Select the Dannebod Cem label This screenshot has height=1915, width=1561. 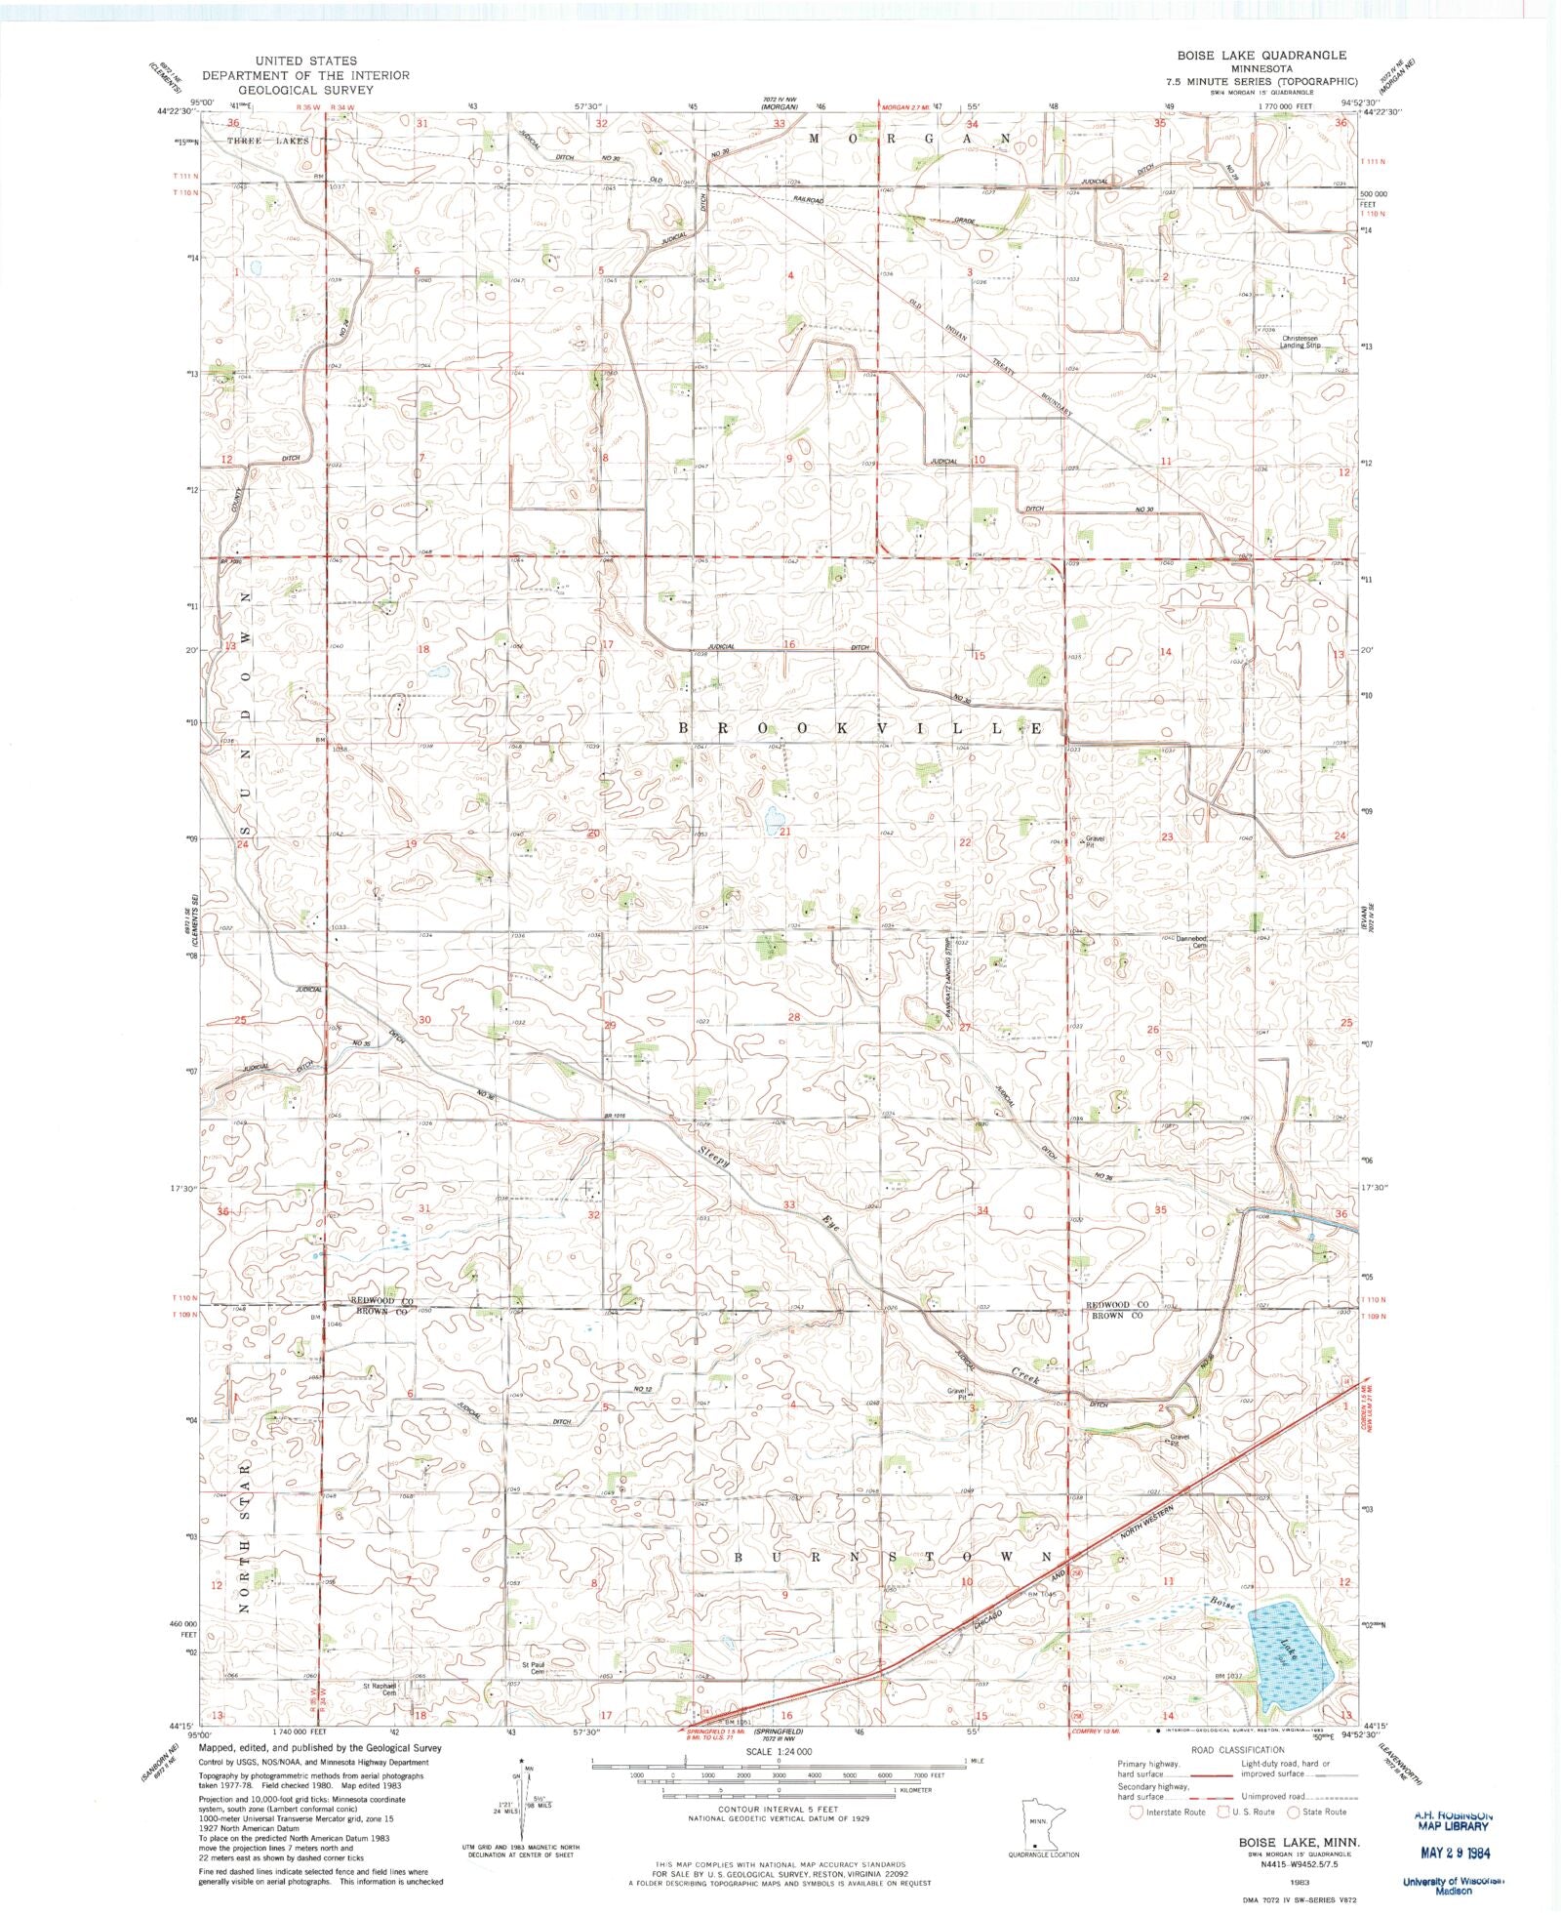click(x=1191, y=941)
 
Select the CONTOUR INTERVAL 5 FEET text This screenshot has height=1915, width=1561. click(x=778, y=1810)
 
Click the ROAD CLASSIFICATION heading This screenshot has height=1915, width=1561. click(x=1236, y=1750)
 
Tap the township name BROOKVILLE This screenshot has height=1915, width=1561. click(x=861, y=729)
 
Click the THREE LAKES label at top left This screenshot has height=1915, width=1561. click(x=267, y=141)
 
